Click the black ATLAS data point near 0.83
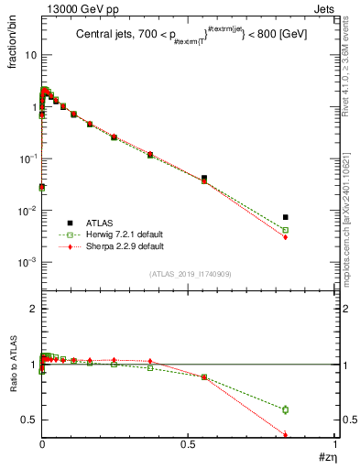click(286, 217)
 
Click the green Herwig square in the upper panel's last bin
click(286, 230)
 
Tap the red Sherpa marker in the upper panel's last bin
click(286, 237)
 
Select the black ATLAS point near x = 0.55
click(203, 178)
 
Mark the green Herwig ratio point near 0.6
click(286, 409)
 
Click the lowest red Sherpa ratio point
click(286, 435)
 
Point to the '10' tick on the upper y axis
click(29, 55)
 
